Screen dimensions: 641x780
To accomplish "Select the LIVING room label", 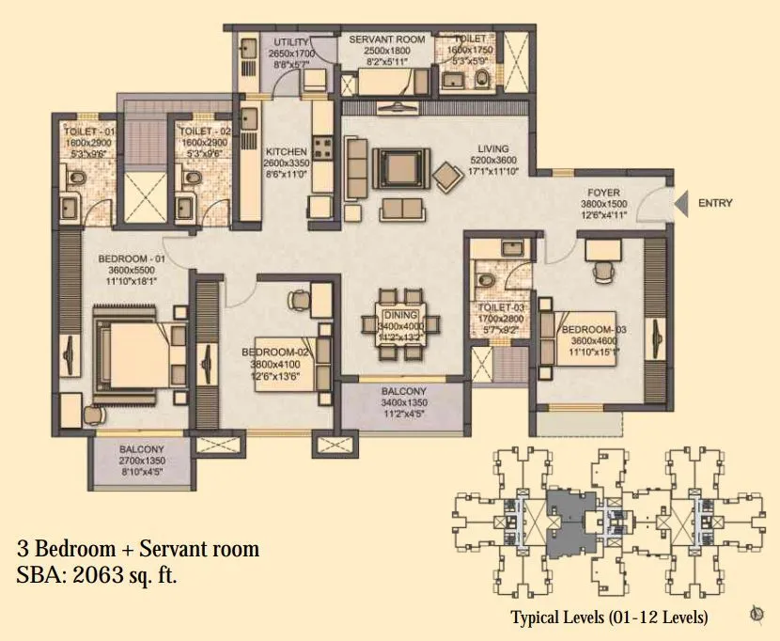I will pyautogui.click(x=492, y=149).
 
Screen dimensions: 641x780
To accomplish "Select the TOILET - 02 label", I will pyautogui.click(x=198, y=132).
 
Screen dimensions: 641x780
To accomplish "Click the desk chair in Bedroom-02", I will pyautogui.click(x=298, y=299).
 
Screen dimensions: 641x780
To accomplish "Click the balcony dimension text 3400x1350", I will pyautogui.click(x=404, y=404).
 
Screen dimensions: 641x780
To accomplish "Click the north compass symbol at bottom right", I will pyautogui.click(x=757, y=616).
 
